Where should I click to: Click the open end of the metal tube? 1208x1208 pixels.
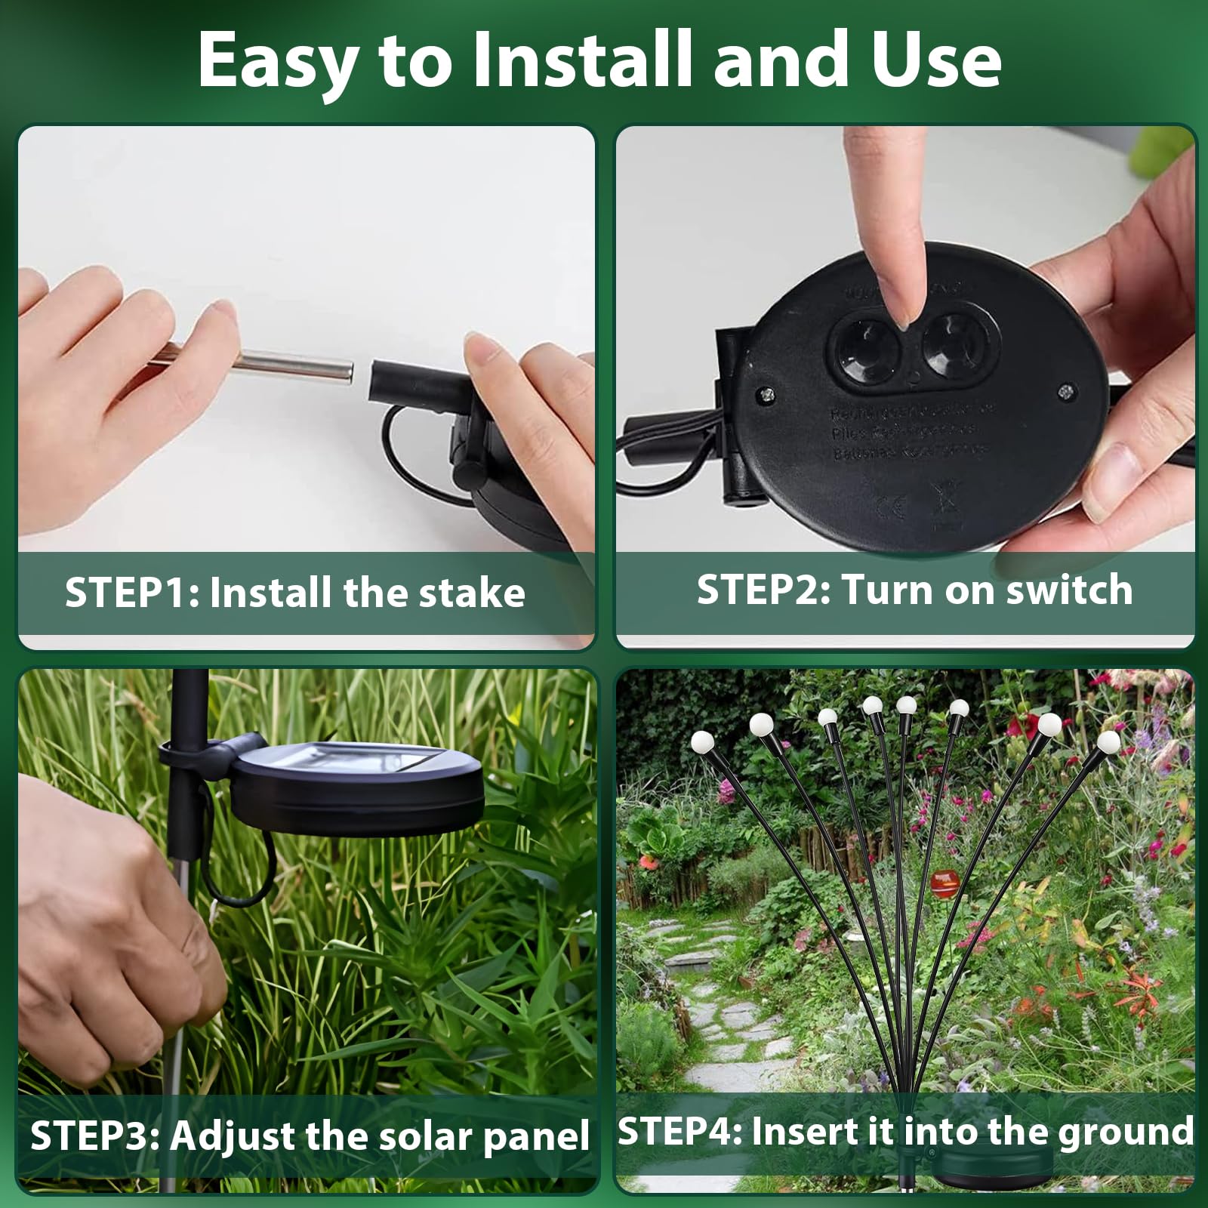349,372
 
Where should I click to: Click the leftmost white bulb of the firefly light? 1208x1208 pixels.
701,742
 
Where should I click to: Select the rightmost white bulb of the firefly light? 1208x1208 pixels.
1108,741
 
